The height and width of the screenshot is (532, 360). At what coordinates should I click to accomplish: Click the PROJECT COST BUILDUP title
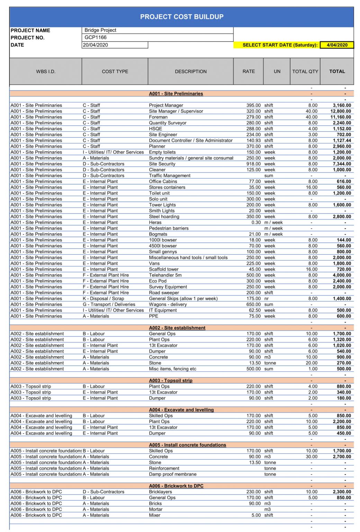tap(181, 17)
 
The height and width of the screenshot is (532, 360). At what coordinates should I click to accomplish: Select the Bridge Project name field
tap(157, 30)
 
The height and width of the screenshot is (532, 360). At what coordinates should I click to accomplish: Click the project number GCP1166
tap(157, 37)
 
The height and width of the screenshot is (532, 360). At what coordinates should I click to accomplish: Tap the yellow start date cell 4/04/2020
tap(337, 45)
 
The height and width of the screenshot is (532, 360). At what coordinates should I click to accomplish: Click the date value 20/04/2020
tap(115, 45)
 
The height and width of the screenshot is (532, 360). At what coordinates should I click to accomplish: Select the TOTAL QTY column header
tap(305, 71)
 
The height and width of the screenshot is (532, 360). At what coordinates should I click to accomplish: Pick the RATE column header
tap(248, 71)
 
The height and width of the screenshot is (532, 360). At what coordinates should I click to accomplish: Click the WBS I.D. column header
tap(46, 71)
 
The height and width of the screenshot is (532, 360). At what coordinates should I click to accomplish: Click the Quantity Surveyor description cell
tap(168, 123)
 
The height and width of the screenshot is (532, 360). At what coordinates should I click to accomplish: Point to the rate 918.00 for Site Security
tap(253, 164)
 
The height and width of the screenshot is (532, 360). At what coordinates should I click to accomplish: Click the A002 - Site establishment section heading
tap(177, 328)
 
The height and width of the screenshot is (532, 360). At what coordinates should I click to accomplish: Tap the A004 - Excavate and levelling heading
tap(181, 410)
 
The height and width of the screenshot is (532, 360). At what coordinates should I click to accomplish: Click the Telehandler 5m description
tap(165, 275)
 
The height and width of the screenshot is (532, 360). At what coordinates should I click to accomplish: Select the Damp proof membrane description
tap(172, 474)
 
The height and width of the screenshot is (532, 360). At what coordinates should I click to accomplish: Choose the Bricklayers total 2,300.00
tap(342, 492)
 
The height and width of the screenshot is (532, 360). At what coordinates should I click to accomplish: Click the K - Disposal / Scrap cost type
tap(103, 299)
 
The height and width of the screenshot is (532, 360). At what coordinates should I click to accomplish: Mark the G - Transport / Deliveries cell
tap(109, 304)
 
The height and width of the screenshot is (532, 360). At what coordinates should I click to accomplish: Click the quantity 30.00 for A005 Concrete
tap(311, 456)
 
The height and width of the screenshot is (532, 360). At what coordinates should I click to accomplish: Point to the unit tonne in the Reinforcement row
tap(270, 468)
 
